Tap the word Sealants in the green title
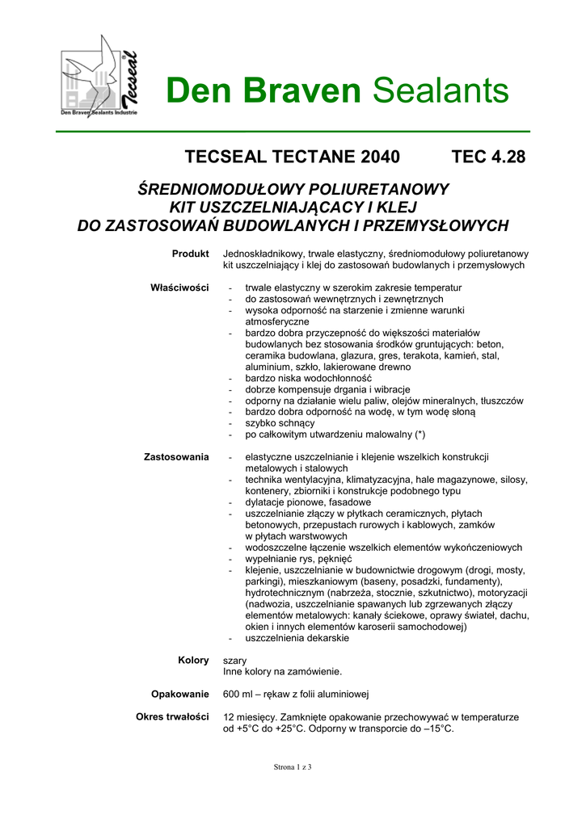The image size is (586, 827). click(441, 91)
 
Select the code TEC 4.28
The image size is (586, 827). click(488, 157)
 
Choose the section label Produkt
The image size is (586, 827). click(191, 254)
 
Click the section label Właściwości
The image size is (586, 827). click(180, 288)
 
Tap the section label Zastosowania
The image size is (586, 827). click(176, 457)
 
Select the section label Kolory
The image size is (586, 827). click(193, 660)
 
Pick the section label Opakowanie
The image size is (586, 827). click(180, 694)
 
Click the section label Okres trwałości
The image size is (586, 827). click(173, 716)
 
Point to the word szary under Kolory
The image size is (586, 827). click(235, 661)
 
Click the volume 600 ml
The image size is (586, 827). click(240, 695)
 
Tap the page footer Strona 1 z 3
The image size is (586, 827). click(293, 766)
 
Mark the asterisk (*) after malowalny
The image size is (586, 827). click(419, 434)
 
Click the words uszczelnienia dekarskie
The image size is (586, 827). click(297, 638)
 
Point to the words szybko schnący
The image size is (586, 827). click(280, 423)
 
